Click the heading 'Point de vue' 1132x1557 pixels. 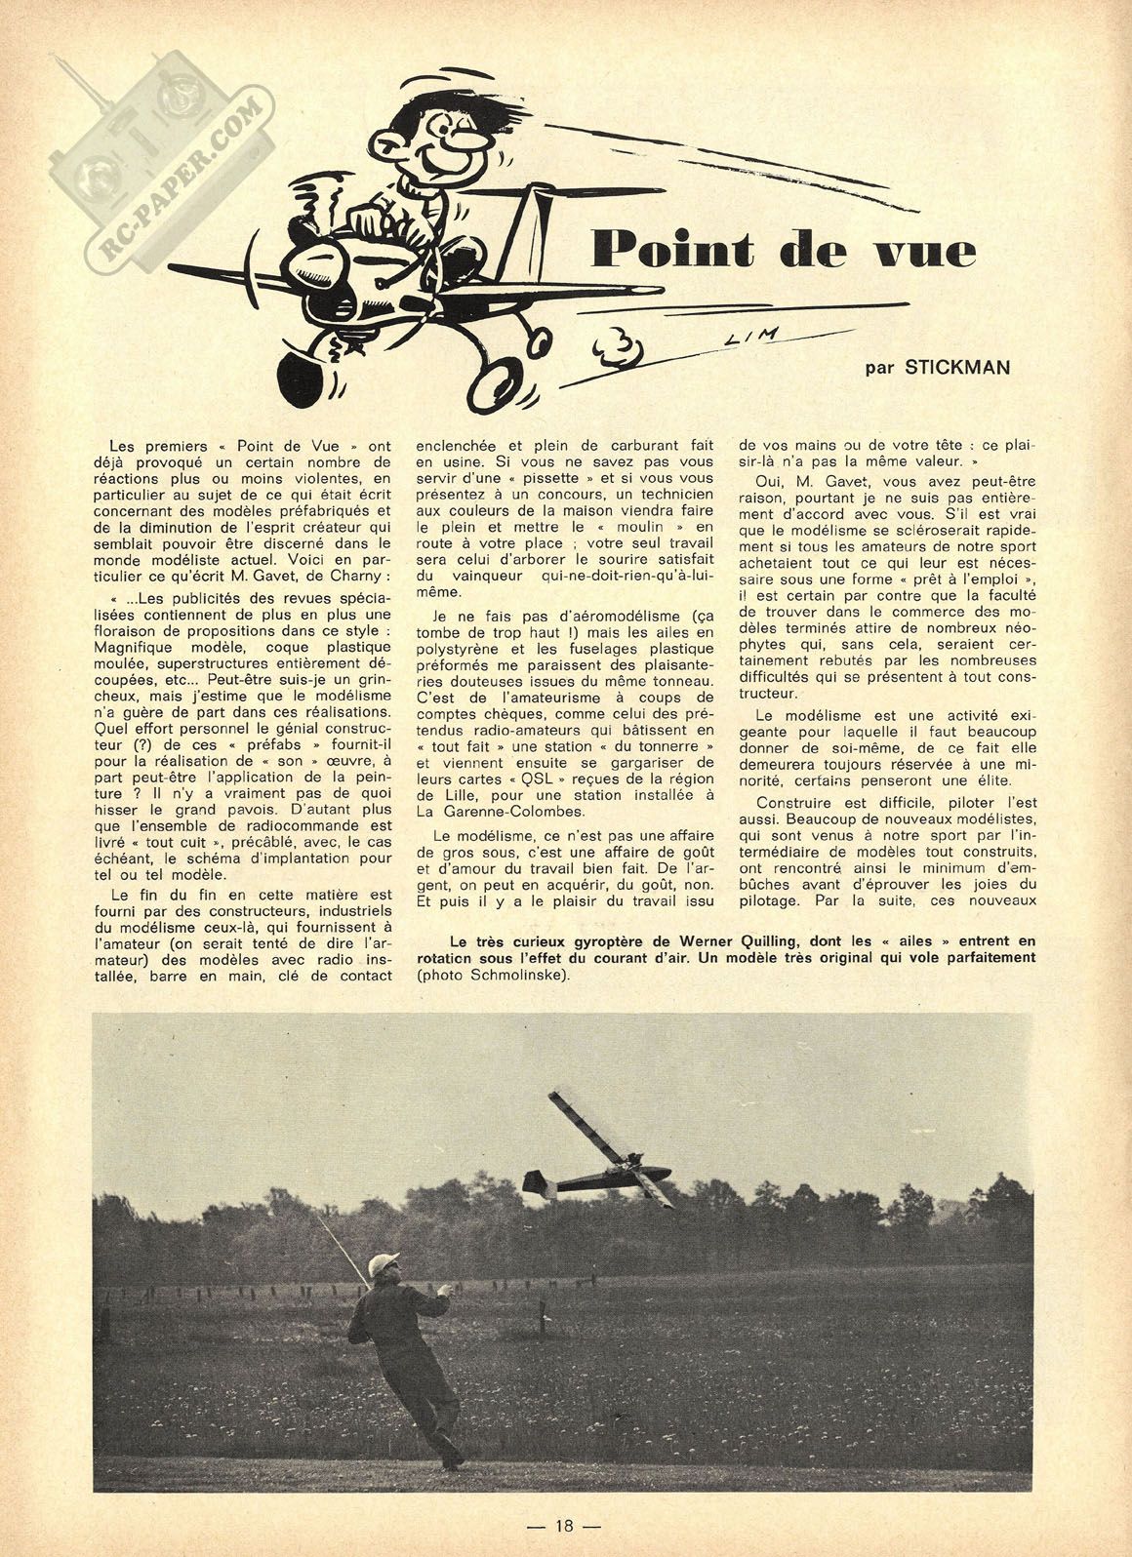[x=784, y=251]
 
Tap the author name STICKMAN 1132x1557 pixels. [x=956, y=368]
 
